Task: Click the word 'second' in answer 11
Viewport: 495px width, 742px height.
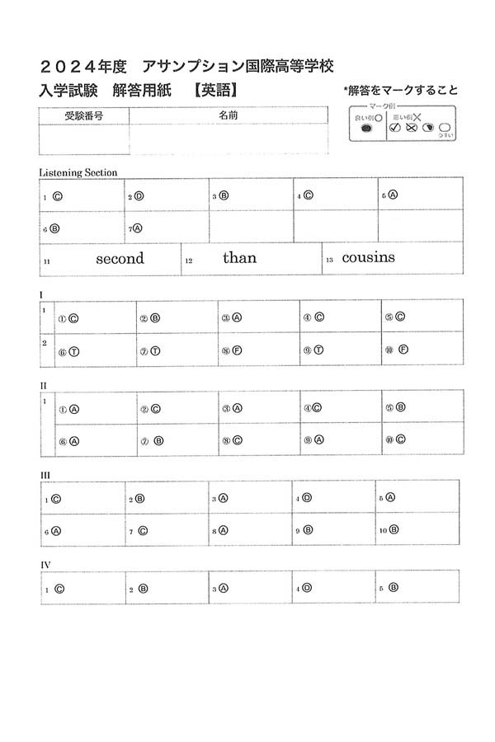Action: tap(120, 258)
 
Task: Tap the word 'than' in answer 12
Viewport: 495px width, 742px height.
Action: tap(239, 257)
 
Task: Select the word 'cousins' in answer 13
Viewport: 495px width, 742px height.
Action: tap(368, 257)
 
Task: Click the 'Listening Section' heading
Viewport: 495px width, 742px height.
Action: tap(78, 172)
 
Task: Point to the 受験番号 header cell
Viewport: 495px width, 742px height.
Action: tap(83, 116)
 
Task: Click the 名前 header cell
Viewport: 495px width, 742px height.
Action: tap(229, 116)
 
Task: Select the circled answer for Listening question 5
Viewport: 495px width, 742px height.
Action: tap(393, 195)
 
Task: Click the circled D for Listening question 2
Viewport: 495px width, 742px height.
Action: tap(139, 196)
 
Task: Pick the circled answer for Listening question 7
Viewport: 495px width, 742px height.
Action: tap(137, 228)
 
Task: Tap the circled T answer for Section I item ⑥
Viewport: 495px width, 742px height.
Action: tap(73, 350)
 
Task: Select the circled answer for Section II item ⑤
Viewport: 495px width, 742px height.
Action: tap(400, 407)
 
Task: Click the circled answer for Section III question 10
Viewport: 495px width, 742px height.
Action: tap(394, 529)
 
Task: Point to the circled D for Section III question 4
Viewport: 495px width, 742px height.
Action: tap(306, 498)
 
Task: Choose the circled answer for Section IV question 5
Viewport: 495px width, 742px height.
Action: tap(394, 588)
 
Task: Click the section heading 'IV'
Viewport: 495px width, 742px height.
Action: tap(46, 565)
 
